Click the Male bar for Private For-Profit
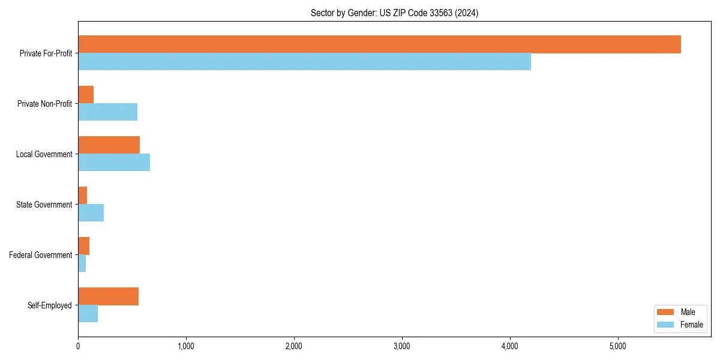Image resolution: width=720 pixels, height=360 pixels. pos(379,44)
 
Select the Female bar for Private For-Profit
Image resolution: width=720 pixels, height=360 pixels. pos(304,62)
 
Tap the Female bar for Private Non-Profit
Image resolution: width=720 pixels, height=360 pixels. pos(107,112)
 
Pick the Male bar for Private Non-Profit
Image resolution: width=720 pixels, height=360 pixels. pos(86,95)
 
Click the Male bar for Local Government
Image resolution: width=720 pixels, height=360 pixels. pos(109,145)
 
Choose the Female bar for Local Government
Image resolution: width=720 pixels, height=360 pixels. pos(114,163)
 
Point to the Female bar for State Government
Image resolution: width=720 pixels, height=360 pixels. pos(91,213)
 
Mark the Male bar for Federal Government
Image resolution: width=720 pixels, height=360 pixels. pos(83,246)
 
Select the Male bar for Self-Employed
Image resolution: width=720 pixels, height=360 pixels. pos(108,296)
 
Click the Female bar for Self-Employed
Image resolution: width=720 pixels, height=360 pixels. pos(88,314)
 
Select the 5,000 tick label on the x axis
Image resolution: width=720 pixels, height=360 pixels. pos(617,346)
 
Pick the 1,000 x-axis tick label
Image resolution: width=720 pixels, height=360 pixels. pos(186,346)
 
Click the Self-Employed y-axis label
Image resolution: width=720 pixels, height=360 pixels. pos(50,305)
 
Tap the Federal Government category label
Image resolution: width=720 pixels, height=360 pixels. pos(41,255)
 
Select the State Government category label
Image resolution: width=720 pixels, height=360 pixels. pos(44,205)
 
